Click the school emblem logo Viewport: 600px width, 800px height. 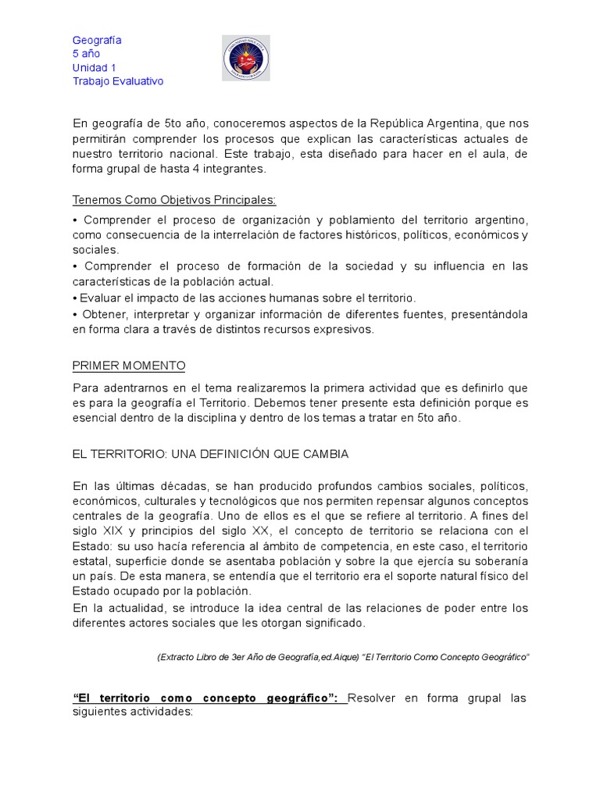[x=245, y=58]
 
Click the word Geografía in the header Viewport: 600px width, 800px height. [x=97, y=40]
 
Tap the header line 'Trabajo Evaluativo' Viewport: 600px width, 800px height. [x=118, y=81]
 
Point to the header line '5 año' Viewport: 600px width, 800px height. [x=86, y=54]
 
